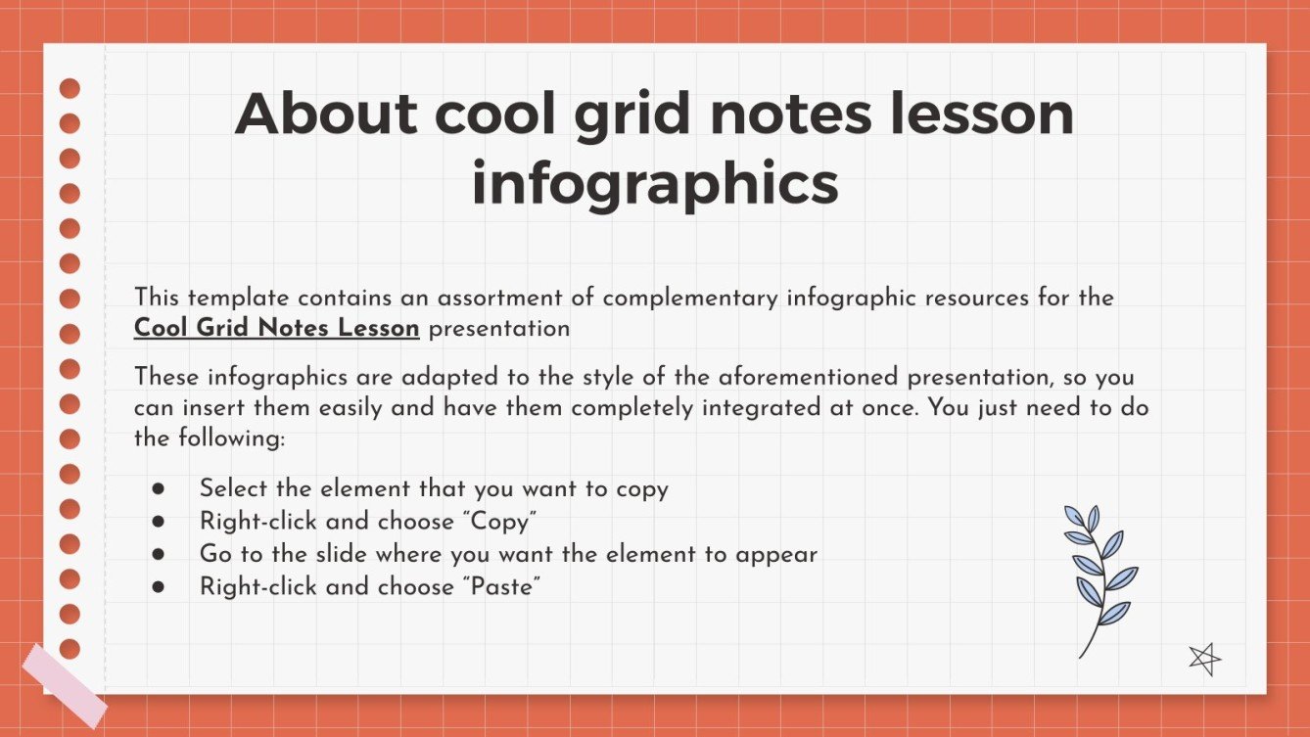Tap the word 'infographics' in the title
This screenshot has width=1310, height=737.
pyautogui.click(x=654, y=184)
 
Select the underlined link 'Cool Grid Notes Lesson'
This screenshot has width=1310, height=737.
pyautogui.click(x=276, y=329)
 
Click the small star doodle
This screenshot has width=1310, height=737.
pyautogui.click(x=1204, y=659)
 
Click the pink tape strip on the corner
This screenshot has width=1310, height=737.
pyautogui.click(x=65, y=685)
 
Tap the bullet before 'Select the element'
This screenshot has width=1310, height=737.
pyautogui.click(x=159, y=488)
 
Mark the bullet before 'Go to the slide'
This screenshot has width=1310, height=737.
pyautogui.click(x=159, y=554)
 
